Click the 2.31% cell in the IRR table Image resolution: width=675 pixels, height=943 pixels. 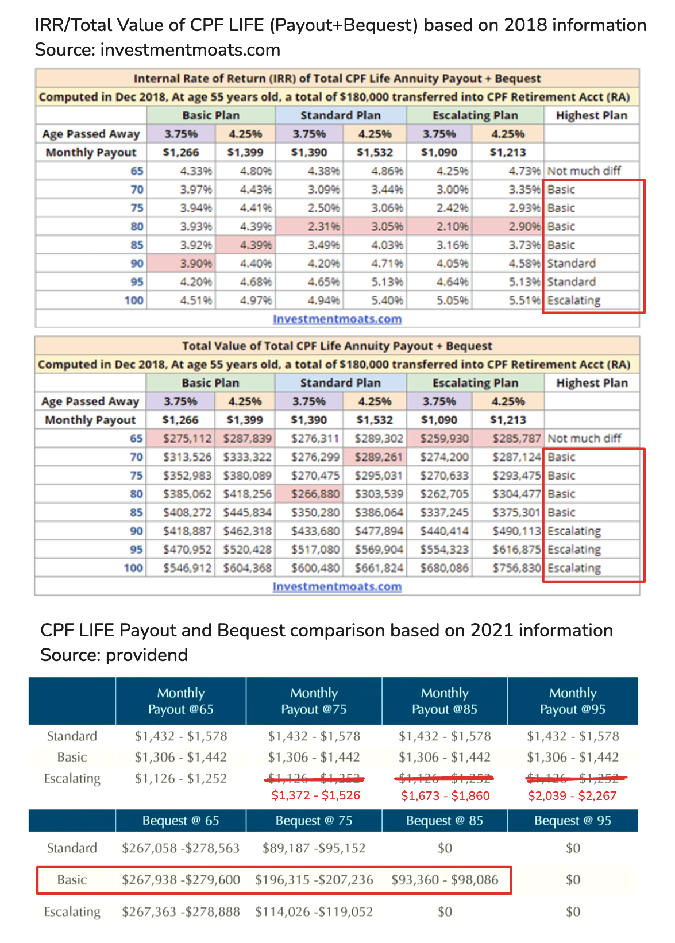coord(323,226)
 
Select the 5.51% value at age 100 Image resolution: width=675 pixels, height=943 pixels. coord(524,300)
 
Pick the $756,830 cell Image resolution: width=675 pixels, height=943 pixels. coord(516,568)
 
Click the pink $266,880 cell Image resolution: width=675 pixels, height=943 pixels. coord(315,494)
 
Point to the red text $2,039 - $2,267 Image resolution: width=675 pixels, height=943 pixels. coord(572,796)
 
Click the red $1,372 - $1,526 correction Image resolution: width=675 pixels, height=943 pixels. coord(316,795)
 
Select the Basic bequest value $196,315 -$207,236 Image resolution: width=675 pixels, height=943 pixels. coord(314,880)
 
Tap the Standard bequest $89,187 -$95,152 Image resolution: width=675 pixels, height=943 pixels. coord(314,848)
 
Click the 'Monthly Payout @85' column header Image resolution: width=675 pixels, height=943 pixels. coord(445,701)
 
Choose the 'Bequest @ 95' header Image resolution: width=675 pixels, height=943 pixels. coord(573,821)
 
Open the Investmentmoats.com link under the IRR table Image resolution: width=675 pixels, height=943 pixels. coord(337,319)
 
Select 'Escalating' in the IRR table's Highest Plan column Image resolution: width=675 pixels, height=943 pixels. coord(574,300)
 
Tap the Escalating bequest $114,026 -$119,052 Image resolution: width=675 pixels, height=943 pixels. coord(314,912)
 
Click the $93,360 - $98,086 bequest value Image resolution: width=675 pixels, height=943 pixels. coord(445,880)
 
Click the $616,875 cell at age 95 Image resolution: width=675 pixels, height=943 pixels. coord(516,550)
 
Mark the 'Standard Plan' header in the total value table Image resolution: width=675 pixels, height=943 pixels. coord(340,383)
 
